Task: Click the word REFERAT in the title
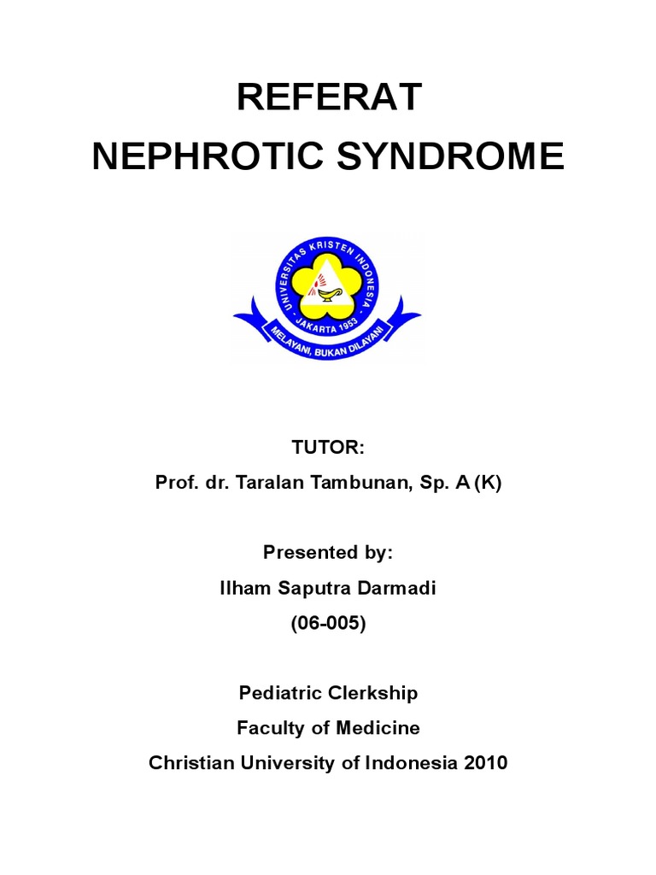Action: pos(328,99)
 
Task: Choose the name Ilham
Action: pos(244,589)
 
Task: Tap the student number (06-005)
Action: pos(328,624)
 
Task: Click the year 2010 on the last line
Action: pos(483,763)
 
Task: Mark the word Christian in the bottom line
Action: pos(184,763)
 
